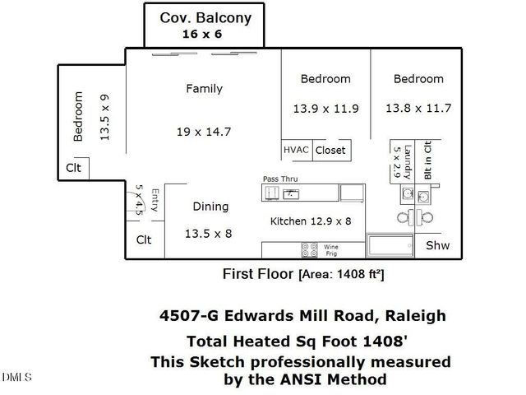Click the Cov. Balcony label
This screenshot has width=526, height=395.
coord(205,17)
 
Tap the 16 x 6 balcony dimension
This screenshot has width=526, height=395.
coord(202,35)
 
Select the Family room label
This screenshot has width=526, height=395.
coord(204,88)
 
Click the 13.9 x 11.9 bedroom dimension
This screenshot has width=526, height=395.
coord(325,108)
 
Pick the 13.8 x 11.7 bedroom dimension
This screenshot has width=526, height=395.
coord(418,107)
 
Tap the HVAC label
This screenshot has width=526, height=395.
coord(295,151)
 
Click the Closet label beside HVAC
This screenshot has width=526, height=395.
coord(330,151)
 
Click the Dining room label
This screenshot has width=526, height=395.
coord(210,207)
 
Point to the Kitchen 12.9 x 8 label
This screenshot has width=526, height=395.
coord(311,221)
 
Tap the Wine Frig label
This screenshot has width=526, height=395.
coord(331,249)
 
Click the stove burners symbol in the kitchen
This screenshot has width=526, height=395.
coord(310,249)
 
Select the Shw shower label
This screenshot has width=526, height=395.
coord(437,246)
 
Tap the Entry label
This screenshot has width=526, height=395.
coord(154,202)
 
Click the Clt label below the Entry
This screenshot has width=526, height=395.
coord(144,240)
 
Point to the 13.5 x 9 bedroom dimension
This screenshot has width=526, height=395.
coord(104,118)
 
